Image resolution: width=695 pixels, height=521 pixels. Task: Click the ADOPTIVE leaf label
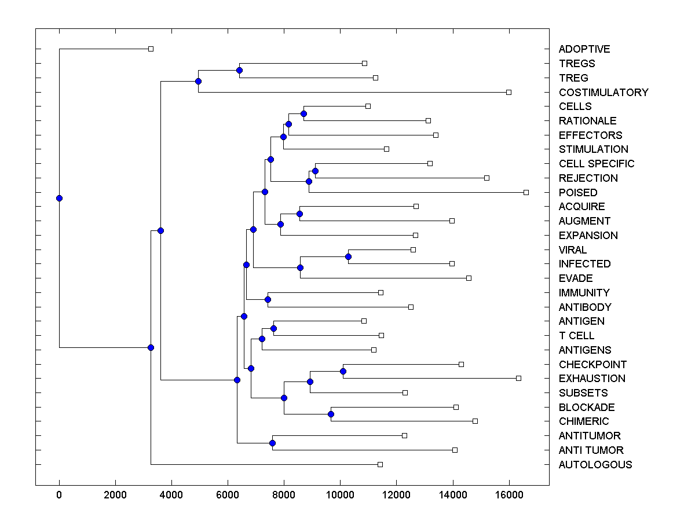tap(584, 49)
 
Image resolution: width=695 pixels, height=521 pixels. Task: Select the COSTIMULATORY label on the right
tap(603, 92)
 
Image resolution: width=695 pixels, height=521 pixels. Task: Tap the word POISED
tap(578, 192)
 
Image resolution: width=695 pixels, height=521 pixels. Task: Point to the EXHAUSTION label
tap(592, 379)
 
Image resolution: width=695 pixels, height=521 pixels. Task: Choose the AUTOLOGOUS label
tap(595, 464)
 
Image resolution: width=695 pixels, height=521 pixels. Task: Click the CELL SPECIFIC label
tap(597, 164)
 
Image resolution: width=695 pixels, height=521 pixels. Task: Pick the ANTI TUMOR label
tap(591, 450)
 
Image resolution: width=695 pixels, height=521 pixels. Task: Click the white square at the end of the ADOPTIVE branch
tap(151, 49)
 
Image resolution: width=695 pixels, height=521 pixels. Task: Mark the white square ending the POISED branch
tap(526, 192)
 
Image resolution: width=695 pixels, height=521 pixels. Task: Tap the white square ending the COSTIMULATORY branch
tap(509, 92)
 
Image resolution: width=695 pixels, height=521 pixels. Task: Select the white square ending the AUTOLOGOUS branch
tap(380, 464)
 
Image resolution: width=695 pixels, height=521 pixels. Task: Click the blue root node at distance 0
tap(59, 198)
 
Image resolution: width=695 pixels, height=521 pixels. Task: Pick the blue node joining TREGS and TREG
tap(239, 70)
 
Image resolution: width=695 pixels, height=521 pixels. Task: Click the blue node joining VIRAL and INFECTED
tap(348, 256)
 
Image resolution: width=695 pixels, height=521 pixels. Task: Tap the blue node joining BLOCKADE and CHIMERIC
tap(331, 414)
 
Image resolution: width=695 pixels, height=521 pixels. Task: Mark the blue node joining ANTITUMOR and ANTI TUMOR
tap(272, 443)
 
